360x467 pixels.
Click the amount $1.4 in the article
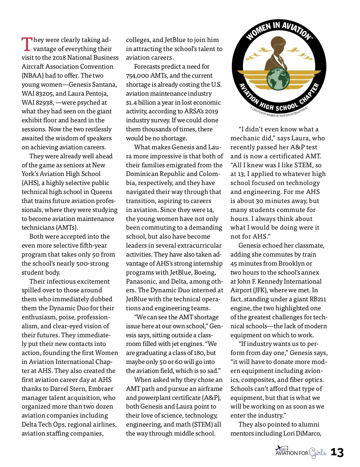(131, 103)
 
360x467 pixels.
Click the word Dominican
(142, 174)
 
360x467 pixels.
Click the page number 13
(337, 452)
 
